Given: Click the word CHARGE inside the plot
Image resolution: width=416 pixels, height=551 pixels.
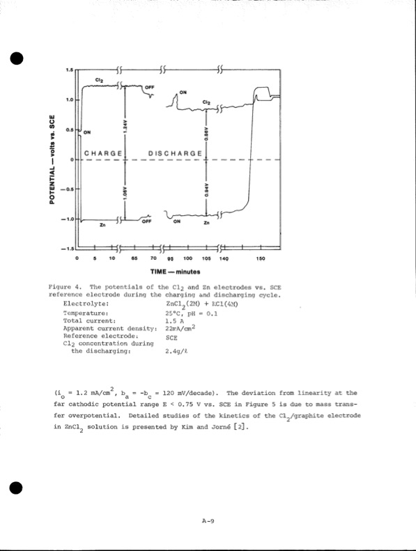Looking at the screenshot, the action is [103, 153].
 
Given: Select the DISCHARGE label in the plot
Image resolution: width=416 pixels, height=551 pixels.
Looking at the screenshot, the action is [176, 153].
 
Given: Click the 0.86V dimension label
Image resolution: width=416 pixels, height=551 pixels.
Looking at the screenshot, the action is [206, 132].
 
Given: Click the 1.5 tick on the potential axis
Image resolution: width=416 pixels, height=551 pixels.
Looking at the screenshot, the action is [69, 70].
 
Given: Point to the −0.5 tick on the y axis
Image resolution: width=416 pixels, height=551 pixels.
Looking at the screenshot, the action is [68, 189].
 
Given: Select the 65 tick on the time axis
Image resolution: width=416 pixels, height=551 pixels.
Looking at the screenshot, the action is [133, 258].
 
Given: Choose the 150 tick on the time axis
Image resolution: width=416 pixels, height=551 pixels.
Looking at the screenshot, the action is [260, 258].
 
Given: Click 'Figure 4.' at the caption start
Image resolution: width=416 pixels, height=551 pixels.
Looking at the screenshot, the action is [66, 287].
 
